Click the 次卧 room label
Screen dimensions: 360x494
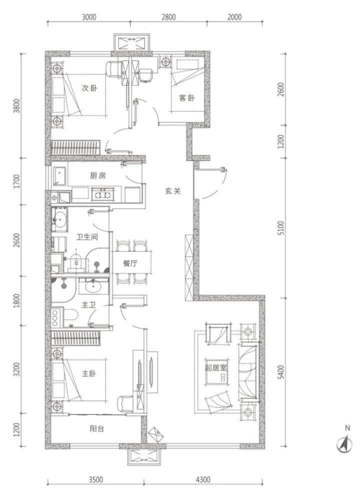coord(89,88)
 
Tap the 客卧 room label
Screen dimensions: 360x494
coord(186,98)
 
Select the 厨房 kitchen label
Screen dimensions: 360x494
coord(97,176)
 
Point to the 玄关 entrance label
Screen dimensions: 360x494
coord(173,191)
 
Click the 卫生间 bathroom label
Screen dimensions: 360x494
coord(87,237)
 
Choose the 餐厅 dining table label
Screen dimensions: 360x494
coord(130,263)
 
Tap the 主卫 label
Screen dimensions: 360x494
coord(88,305)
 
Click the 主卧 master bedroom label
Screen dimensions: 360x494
coord(88,374)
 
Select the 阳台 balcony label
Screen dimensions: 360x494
coord(96,429)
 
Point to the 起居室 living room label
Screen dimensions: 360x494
coord(216,367)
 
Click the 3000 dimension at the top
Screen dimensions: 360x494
coord(89,16)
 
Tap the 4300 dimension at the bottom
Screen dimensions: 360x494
coord(202,480)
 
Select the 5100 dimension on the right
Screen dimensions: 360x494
coord(281,228)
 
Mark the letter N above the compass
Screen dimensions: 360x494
coord(347,428)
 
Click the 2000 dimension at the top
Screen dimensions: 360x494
coord(234,16)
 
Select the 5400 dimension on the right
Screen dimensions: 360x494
coord(281,372)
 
